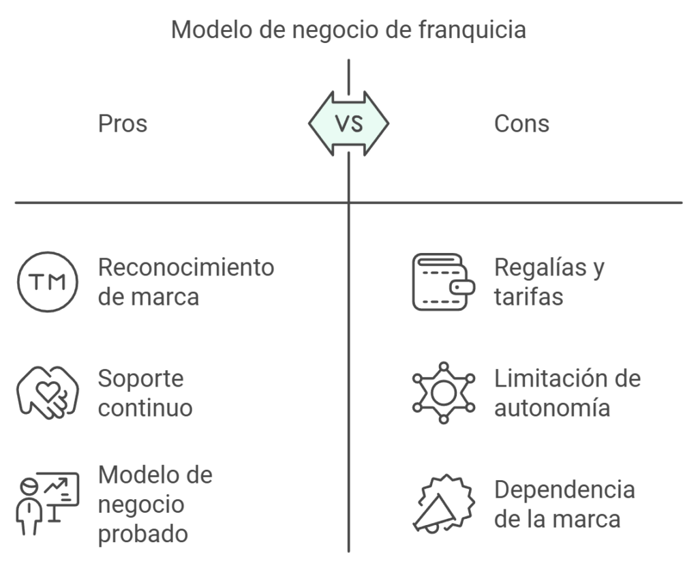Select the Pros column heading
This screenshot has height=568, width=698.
123,123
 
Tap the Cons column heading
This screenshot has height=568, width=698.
521,123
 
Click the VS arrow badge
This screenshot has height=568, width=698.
348,123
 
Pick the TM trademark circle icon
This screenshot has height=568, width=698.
47,282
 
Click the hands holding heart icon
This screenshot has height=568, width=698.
44,393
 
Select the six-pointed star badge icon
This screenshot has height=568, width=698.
444,393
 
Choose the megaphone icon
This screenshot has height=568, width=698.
444,503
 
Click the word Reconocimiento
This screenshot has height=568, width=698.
186,267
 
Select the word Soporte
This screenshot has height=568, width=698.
140,378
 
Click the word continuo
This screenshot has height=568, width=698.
145,408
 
